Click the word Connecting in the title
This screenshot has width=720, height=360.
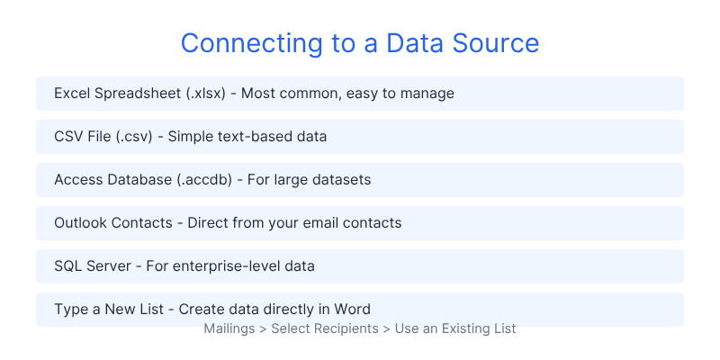(252, 43)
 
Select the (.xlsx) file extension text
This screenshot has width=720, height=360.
(206, 94)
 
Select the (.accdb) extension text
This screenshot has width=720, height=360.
(204, 180)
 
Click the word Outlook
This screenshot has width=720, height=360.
(81, 222)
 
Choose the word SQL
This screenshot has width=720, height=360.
(66, 265)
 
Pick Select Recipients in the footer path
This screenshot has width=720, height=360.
(325, 328)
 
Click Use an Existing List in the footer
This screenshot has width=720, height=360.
(455, 328)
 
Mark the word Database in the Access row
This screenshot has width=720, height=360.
(139, 179)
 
